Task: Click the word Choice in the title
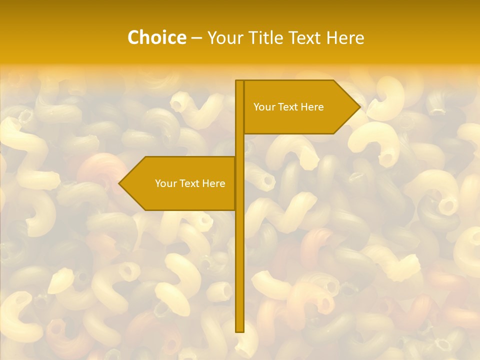click(x=156, y=38)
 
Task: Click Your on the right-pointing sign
click(x=264, y=107)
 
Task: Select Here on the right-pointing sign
click(x=312, y=107)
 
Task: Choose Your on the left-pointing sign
click(x=165, y=183)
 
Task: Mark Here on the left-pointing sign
click(x=214, y=183)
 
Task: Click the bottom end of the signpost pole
click(x=239, y=329)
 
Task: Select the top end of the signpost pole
click(x=239, y=82)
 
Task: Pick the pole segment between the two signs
click(x=239, y=145)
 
